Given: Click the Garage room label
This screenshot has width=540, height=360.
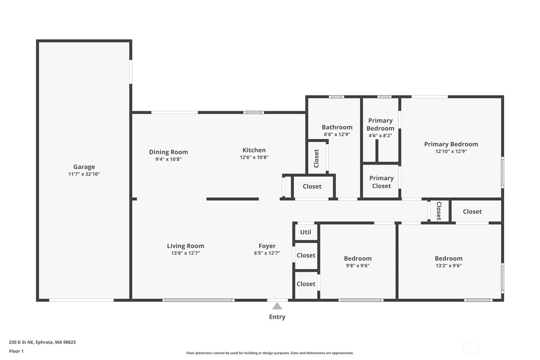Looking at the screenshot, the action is point(84,167).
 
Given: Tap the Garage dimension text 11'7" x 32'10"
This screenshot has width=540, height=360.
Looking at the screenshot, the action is point(84,174).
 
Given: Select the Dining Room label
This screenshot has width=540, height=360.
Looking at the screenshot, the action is point(169,152).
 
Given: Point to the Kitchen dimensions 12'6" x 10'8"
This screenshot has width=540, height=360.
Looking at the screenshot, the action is point(254,157).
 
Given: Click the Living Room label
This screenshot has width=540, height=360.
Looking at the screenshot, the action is point(186,246).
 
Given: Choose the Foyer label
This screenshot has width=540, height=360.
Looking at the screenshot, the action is point(267,246).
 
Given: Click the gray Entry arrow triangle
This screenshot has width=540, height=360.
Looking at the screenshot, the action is point(277,306).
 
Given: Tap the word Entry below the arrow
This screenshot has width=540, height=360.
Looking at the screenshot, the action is point(277,317).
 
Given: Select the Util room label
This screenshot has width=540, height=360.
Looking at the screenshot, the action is point(306,232).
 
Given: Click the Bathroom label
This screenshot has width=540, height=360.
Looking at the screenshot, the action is point(337,127).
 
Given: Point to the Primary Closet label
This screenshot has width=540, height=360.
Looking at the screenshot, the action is point(381,182).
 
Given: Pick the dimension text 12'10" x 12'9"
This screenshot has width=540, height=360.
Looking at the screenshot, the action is point(451,151).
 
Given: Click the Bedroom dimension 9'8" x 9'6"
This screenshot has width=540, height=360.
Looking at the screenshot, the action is point(358,266).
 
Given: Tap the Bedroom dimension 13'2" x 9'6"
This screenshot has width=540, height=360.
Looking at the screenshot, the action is point(448,266).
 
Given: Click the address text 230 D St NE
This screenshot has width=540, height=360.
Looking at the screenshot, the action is point(21,342).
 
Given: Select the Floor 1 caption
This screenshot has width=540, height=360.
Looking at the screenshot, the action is point(17,351).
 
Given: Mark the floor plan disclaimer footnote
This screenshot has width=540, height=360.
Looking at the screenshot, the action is point(270,353).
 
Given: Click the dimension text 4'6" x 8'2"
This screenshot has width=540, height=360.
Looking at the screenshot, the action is point(380,135).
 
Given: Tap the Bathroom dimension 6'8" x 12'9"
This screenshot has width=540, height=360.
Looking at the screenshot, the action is point(337,134).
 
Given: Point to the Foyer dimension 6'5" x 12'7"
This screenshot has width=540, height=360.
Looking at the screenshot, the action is point(267,253).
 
